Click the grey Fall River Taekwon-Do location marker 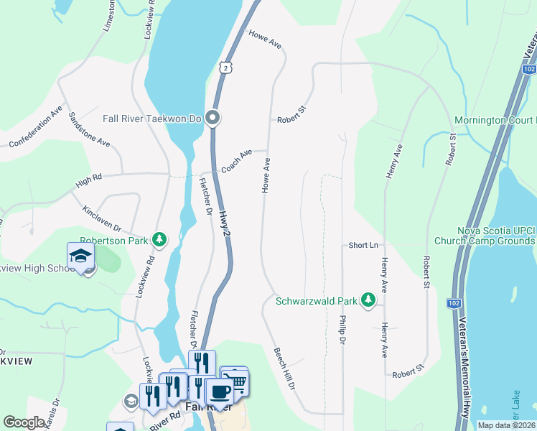(x=213, y=117)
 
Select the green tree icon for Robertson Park (x=163, y=240)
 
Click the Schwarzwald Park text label (x=316, y=301)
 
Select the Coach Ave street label (x=236, y=161)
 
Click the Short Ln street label (x=363, y=246)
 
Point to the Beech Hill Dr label (x=284, y=369)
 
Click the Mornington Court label (x=495, y=120)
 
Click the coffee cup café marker (x=219, y=392)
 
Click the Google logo (x=24, y=422)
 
